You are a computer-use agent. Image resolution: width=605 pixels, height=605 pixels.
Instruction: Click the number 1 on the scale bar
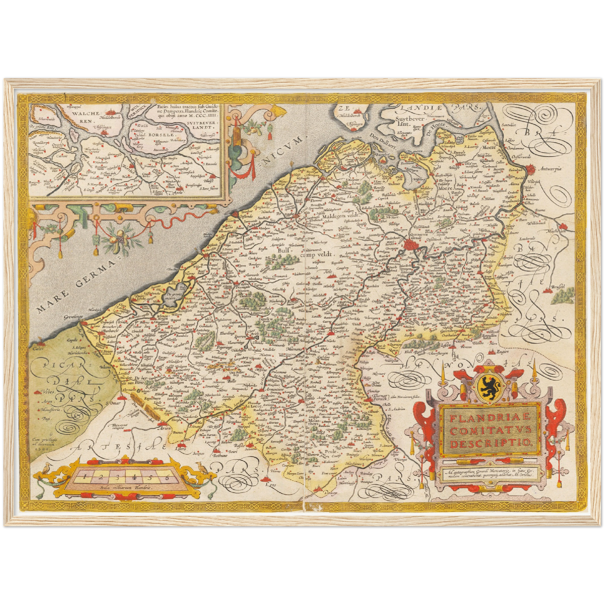click(84, 476)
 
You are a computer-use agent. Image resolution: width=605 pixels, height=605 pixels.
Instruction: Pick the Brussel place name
click(557, 286)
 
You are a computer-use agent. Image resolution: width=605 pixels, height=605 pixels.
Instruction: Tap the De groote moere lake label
click(173, 295)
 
